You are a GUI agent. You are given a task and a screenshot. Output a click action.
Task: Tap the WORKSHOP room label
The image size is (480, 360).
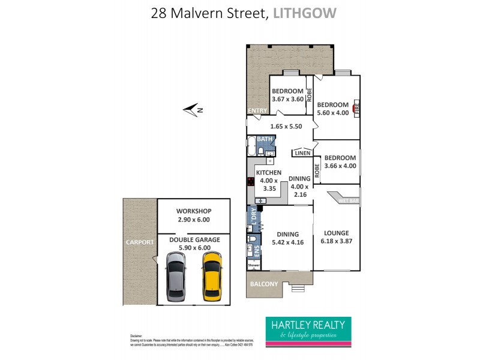194,211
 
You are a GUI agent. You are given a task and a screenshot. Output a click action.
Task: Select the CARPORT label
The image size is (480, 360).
139,242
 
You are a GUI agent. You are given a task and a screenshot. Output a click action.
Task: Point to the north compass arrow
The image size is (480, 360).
193,109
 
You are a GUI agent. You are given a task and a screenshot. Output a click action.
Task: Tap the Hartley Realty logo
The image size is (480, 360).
308,329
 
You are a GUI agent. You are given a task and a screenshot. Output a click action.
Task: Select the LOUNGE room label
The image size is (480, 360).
336,233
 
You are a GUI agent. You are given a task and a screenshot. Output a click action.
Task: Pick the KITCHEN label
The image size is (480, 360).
268,172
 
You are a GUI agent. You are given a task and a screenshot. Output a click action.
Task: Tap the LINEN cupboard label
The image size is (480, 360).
302,154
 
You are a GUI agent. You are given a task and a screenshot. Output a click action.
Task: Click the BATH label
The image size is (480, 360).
265,139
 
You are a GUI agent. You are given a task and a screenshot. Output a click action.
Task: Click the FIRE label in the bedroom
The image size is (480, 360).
356,109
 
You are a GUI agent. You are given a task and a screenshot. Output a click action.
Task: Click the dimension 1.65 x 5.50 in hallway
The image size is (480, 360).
286,127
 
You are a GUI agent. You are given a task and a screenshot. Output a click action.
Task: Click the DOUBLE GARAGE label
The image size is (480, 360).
194,239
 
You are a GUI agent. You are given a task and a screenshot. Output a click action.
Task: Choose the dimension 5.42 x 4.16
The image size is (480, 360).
287,242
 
